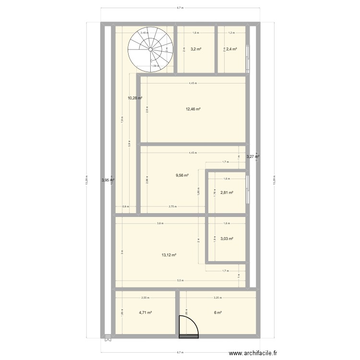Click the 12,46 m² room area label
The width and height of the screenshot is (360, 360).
tap(193, 109)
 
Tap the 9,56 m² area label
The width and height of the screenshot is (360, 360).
tap(182, 176)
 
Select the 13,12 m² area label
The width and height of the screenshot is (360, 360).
tap(169, 255)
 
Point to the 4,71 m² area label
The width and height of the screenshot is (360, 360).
tap(145, 312)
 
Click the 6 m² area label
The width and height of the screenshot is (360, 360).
tap(218, 312)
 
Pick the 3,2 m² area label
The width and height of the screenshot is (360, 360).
tap(195, 49)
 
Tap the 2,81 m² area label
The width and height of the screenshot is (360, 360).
tap(227, 192)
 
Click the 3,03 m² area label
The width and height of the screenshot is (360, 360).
tap(227, 239)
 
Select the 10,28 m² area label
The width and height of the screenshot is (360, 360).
tap(135, 98)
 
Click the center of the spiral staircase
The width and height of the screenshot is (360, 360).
tap(150, 49)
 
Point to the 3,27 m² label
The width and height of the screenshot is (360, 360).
tap(253, 156)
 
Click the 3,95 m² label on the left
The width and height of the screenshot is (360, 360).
tap(108, 180)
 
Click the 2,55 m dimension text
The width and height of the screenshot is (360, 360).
tap(144, 298)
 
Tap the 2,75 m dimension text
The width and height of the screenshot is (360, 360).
tap(172, 206)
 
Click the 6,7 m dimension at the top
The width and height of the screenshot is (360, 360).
tap(180, 8)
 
